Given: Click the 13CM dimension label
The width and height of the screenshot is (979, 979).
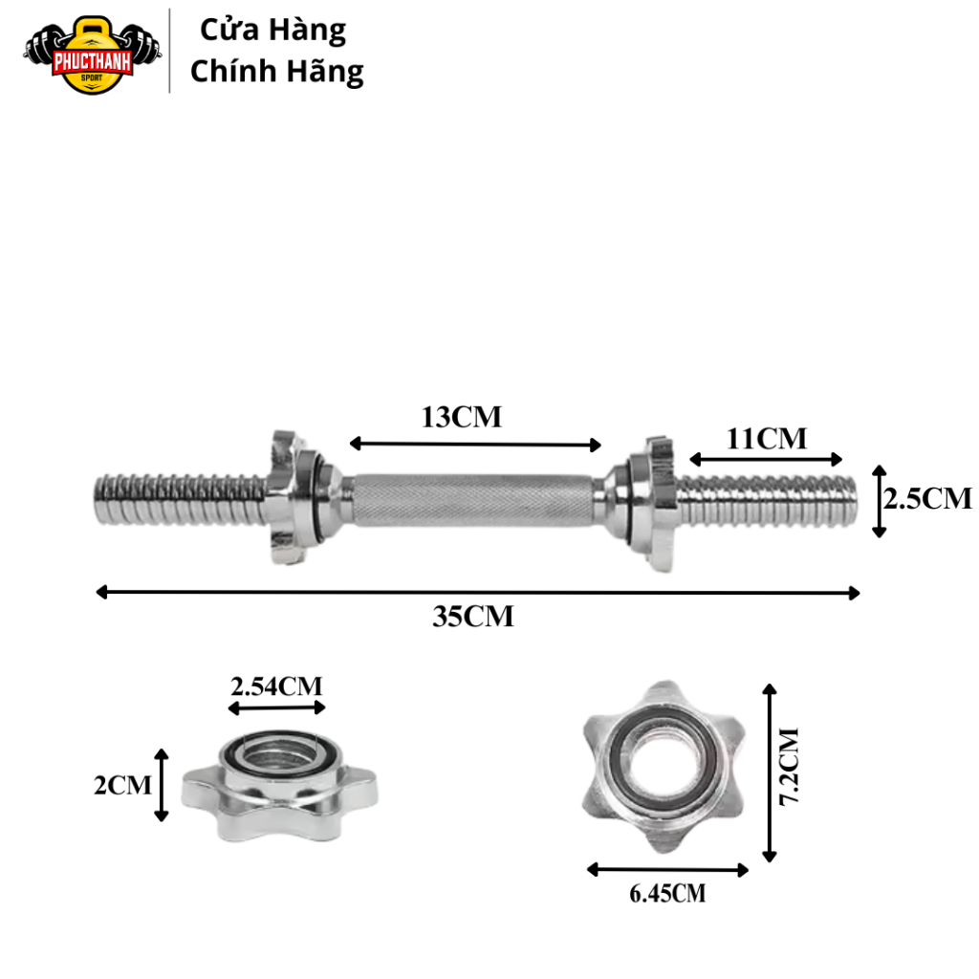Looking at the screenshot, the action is coord(462,417).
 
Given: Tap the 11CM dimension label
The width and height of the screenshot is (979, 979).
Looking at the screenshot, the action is coord(767,438).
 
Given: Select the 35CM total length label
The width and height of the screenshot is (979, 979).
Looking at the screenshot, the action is coord(473,617).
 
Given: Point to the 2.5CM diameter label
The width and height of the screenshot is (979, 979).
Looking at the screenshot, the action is coord(927,498).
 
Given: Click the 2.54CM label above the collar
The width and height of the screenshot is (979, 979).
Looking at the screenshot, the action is coord(276,686).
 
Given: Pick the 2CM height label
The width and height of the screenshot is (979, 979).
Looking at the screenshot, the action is coord(123,785).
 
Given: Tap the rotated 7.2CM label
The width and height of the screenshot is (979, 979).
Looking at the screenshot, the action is coord(789,767).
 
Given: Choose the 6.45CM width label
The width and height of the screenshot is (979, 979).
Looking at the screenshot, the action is coord(667,894).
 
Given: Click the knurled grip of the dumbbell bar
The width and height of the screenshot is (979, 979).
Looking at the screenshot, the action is coord(473,499).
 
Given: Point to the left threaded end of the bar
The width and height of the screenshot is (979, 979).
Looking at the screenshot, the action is coord(181,499).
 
